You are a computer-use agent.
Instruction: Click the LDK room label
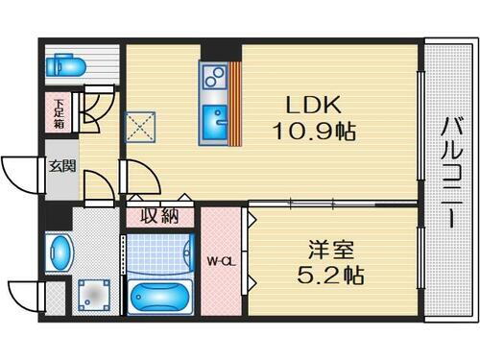click(x=309, y=103)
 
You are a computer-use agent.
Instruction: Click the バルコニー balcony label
click(x=449, y=172)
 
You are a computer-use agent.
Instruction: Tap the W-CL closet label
click(x=221, y=261)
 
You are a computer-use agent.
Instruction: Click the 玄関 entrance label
click(x=61, y=166)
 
